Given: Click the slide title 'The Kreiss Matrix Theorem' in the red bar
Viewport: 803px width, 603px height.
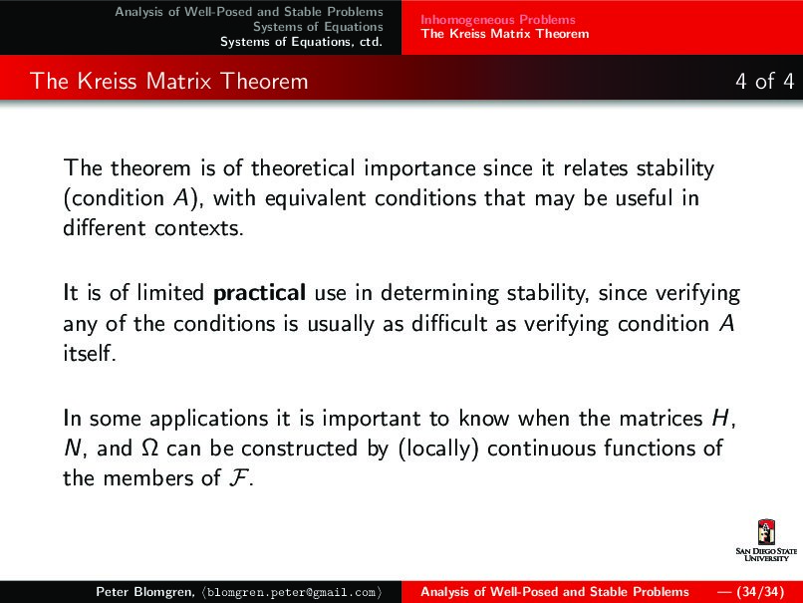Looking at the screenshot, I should click(x=169, y=81).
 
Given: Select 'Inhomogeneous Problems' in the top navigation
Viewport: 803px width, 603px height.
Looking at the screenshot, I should click(x=497, y=19).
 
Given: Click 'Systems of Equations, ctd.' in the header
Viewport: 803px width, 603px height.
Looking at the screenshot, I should click(x=301, y=41).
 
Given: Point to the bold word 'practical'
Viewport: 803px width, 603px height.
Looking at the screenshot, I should click(x=259, y=294).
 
